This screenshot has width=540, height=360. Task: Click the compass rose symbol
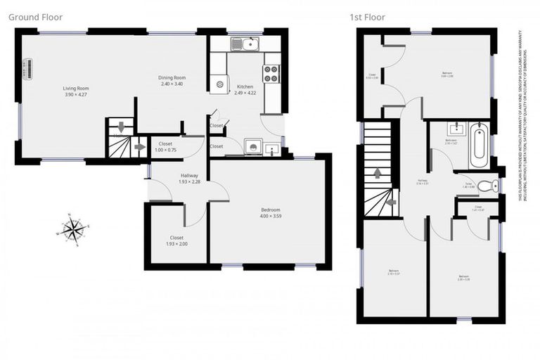[73, 229]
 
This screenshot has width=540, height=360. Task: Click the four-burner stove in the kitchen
[271, 73]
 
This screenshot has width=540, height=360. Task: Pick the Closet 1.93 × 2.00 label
[176, 240]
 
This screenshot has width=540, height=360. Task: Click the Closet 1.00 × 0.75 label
[166, 146]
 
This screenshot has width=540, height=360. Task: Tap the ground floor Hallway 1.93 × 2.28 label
[189, 179]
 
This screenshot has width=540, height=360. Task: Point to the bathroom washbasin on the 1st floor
[455, 129]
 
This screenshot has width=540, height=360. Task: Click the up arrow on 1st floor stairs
[378, 172]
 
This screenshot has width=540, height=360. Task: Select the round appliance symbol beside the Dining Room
[220, 84]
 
